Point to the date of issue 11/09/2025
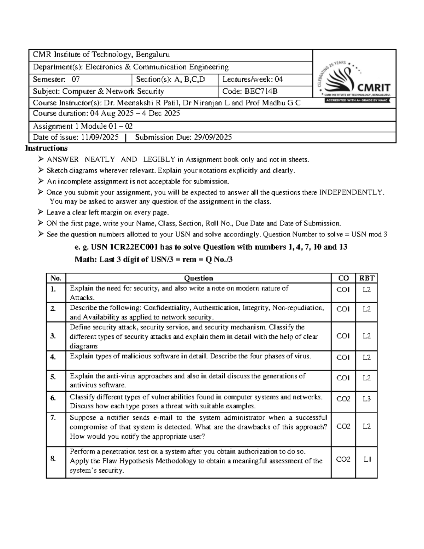(x=100, y=138)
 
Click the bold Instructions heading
(x=46, y=148)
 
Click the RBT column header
(x=366, y=278)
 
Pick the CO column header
(x=343, y=278)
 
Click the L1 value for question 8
(x=367, y=460)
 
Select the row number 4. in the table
(x=53, y=357)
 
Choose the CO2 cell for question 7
(x=343, y=427)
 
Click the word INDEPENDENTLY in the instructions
(x=351, y=192)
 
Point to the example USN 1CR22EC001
(x=127, y=247)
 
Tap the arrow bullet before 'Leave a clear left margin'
(x=41, y=212)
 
